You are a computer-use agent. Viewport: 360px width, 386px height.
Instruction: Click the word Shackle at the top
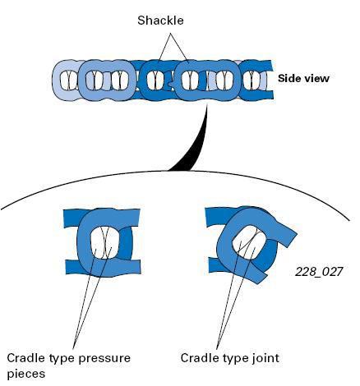(x=160, y=21)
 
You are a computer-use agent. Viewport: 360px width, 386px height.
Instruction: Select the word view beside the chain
(x=316, y=79)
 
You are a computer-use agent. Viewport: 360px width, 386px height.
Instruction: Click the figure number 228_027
(x=319, y=272)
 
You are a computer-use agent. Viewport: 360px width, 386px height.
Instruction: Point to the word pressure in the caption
(x=104, y=359)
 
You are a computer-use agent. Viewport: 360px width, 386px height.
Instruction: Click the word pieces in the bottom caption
(x=25, y=374)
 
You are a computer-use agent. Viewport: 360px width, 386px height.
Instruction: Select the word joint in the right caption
(x=265, y=358)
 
